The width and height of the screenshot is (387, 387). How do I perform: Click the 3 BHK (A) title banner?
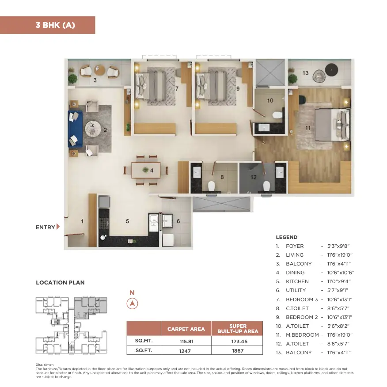47,25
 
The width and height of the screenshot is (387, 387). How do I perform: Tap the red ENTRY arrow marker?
58,227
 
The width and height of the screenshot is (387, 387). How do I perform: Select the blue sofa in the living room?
75,129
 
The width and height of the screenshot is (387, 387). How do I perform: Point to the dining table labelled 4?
146,170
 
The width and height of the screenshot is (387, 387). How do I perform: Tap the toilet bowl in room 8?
211,186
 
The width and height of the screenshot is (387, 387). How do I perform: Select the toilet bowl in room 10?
277,115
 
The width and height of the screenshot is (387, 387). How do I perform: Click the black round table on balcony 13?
331,70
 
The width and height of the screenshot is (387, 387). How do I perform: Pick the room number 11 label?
308,128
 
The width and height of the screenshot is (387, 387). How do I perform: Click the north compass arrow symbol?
132,304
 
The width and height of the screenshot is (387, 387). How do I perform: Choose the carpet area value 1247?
185,351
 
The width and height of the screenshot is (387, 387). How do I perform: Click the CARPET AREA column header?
186,329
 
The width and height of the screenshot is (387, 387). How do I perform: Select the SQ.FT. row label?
144,350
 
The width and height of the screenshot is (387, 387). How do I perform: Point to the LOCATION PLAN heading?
60,283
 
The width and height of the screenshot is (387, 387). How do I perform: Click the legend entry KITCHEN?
297,281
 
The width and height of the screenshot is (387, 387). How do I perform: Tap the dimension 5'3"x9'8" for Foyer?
338,246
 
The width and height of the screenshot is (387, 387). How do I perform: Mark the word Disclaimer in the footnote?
45,364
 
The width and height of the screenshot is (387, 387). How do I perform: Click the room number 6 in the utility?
178,221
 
